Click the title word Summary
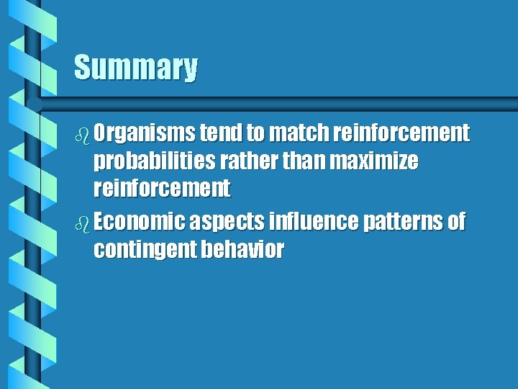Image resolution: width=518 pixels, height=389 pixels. click(135, 68)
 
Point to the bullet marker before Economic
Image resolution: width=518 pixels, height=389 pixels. click(81, 223)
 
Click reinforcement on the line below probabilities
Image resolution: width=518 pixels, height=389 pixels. click(162, 189)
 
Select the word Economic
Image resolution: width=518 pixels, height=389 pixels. click(140, 222)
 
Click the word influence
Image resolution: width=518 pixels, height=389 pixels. click(314, 222)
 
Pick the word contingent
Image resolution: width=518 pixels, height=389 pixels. click(147, 250)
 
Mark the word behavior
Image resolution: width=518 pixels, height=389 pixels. click(244, 250)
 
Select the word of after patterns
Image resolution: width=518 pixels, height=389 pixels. click(457, 222)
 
